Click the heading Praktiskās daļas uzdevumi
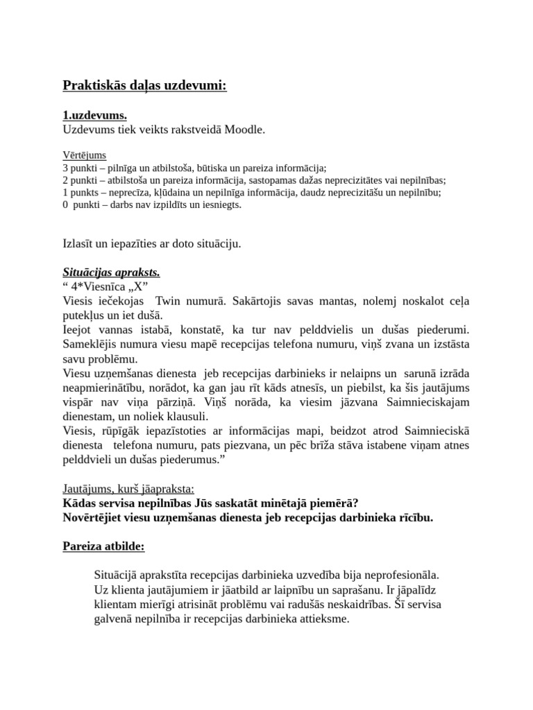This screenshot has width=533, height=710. click(x=144, y=85)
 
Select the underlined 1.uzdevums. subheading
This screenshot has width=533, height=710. click(x=94, y=116)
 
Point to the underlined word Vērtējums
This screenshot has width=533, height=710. click(x=84, y=155)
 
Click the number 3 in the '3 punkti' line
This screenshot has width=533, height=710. click(x=65, y=168)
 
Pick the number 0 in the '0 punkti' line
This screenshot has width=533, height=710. click(x=65, y=205)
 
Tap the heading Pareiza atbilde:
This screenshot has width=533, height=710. click(x=103, y=546)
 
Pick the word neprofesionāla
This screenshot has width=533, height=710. click(x=396, y=575)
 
